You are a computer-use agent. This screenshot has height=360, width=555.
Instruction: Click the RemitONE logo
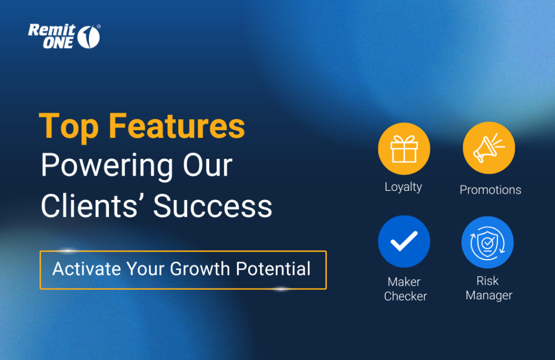64,36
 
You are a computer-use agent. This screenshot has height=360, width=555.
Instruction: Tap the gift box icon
404,149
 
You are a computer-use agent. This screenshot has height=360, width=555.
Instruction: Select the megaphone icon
489,148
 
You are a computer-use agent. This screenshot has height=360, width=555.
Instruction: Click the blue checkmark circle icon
404,241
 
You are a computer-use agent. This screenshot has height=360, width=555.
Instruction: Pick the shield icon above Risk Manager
487,242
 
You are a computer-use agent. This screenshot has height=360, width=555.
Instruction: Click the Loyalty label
403,187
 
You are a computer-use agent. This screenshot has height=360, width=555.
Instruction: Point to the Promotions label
490,190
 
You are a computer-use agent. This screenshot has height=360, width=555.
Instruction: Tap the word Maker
404,282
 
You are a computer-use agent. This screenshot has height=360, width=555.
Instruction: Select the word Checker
405,296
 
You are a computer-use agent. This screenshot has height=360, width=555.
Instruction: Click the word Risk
487,281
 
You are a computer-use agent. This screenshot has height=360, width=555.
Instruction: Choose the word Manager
489,295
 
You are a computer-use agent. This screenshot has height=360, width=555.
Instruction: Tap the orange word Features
177,126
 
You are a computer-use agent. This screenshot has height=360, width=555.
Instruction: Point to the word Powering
107,166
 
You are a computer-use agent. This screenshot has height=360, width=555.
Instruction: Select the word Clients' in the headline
89,206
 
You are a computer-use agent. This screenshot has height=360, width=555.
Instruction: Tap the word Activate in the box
87,269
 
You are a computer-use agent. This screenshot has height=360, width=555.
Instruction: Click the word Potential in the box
273,269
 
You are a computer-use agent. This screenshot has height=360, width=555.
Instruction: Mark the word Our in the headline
208,166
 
